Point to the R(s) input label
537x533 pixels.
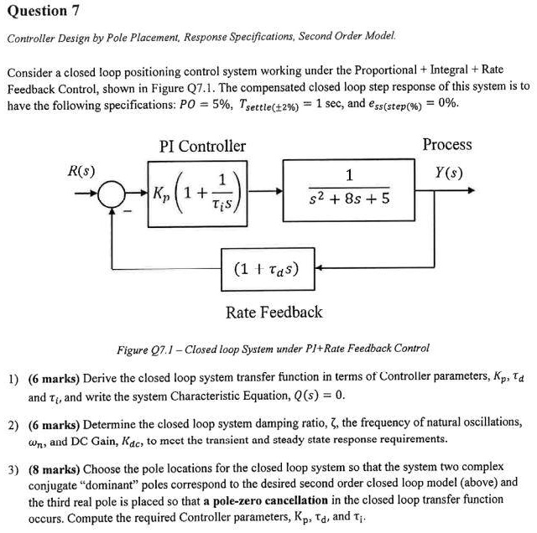click(81, 172)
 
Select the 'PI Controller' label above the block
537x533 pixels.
click(202, 146)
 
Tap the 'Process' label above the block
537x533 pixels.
click(447, 144)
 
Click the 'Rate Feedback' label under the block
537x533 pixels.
click(274, 313)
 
